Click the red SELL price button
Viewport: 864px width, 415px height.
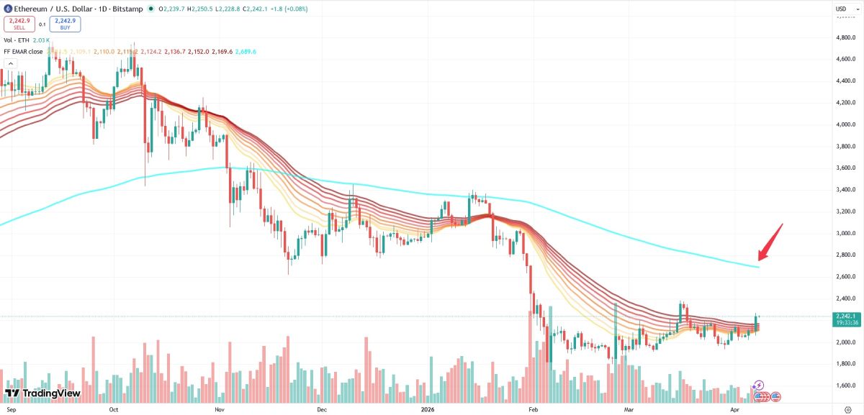coord(19,24)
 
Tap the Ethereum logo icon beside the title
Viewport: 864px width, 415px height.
coord(7,9)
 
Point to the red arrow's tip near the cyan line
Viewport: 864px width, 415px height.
coord(759,260)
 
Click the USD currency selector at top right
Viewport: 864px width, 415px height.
coord(841,9)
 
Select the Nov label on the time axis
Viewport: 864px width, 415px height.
coord(220,409)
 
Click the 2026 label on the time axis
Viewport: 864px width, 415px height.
coord(428,409)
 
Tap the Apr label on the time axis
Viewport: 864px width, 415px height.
coord(734,409)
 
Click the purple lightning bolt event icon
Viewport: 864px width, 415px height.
coord(758,386)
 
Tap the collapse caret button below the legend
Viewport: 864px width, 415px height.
coord(10,64)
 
